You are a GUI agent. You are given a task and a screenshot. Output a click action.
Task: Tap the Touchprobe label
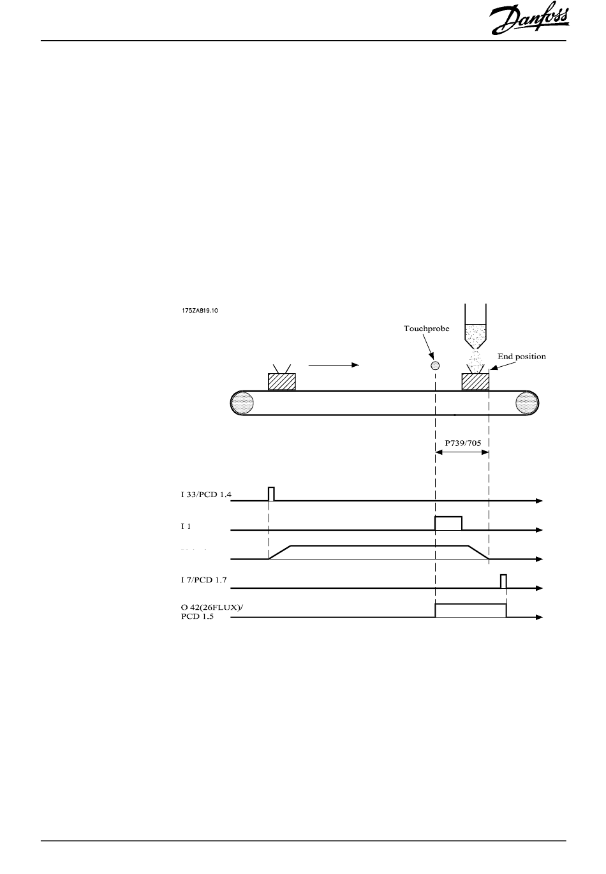pos(426,329)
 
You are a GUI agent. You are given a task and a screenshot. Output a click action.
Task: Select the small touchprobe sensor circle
pos(435,366)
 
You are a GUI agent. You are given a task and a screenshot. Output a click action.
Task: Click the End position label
pos(521,357)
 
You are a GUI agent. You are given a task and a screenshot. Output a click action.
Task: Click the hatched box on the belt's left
pos(281,381)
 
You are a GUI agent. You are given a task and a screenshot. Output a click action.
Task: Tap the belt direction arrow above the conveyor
pos(334,365)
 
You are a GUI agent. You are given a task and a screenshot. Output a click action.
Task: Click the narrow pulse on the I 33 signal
pos(271,494)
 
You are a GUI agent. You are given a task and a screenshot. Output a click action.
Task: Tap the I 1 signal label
pos(186,526)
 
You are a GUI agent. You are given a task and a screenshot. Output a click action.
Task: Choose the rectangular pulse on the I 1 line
pos(448,523)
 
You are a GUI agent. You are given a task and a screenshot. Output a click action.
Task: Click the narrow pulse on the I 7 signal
pos(503,581)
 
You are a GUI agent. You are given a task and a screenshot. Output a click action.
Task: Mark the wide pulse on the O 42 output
pos(470,611)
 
